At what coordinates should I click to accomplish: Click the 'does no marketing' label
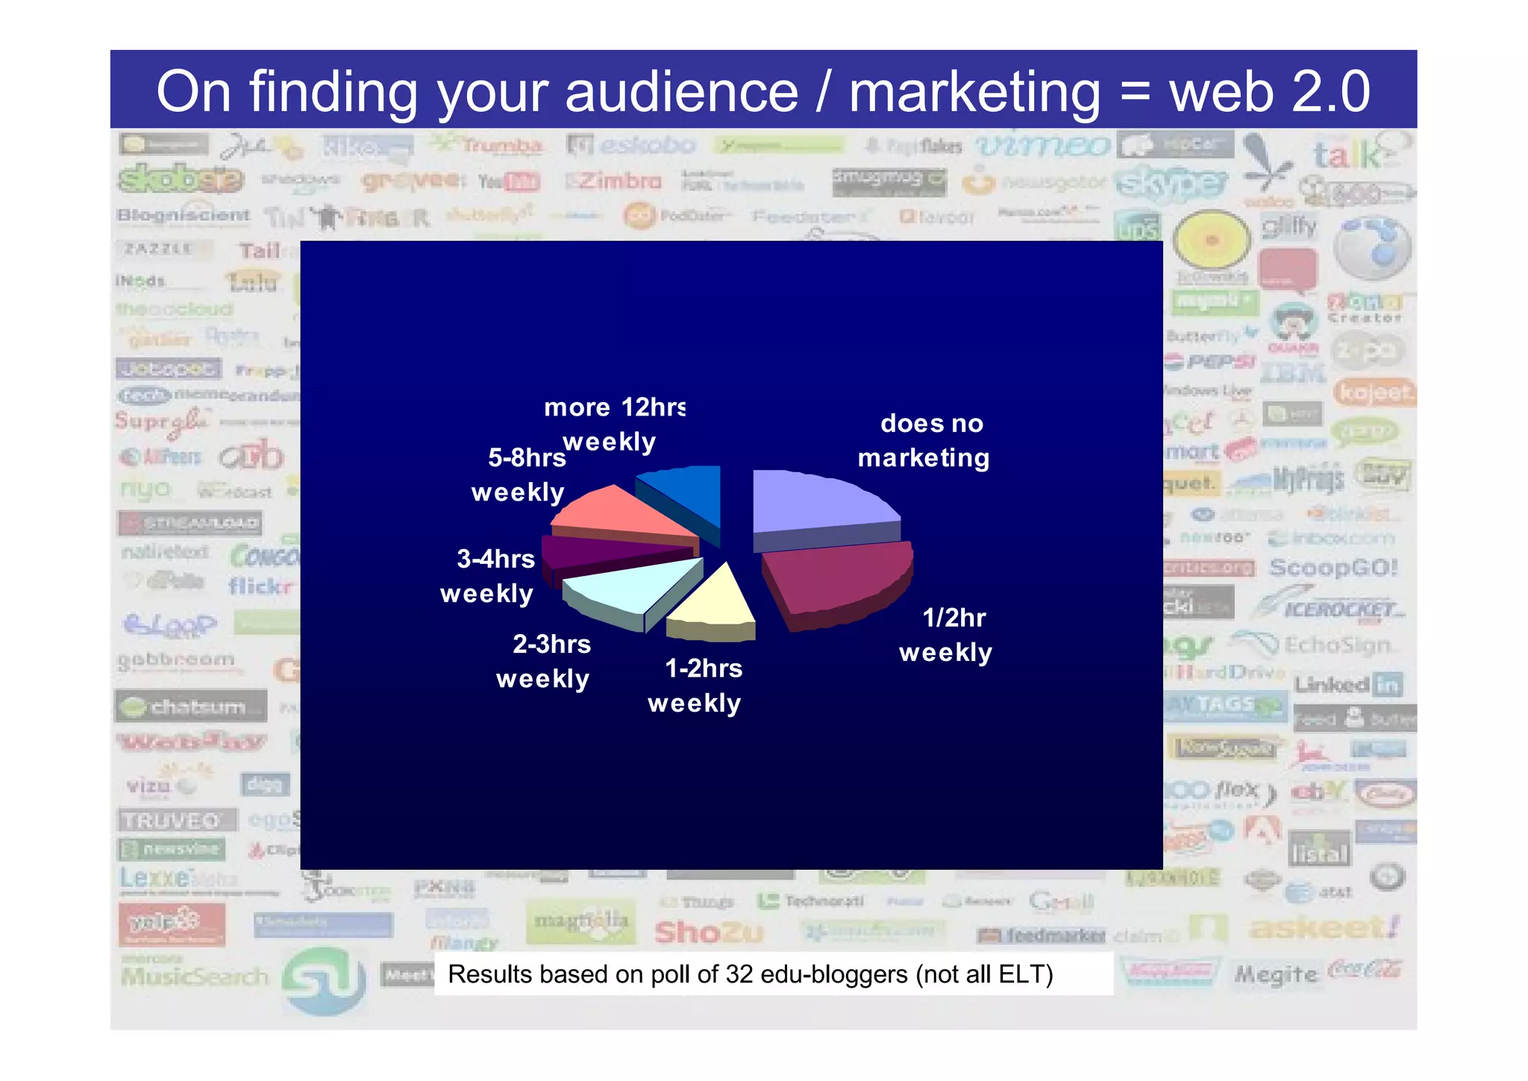924,440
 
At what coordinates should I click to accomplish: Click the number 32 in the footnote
739,974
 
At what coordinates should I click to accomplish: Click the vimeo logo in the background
1042,146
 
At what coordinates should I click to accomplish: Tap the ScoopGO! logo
1333,568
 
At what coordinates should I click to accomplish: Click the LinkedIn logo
1348,684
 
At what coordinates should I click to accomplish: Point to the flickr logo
261,586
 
